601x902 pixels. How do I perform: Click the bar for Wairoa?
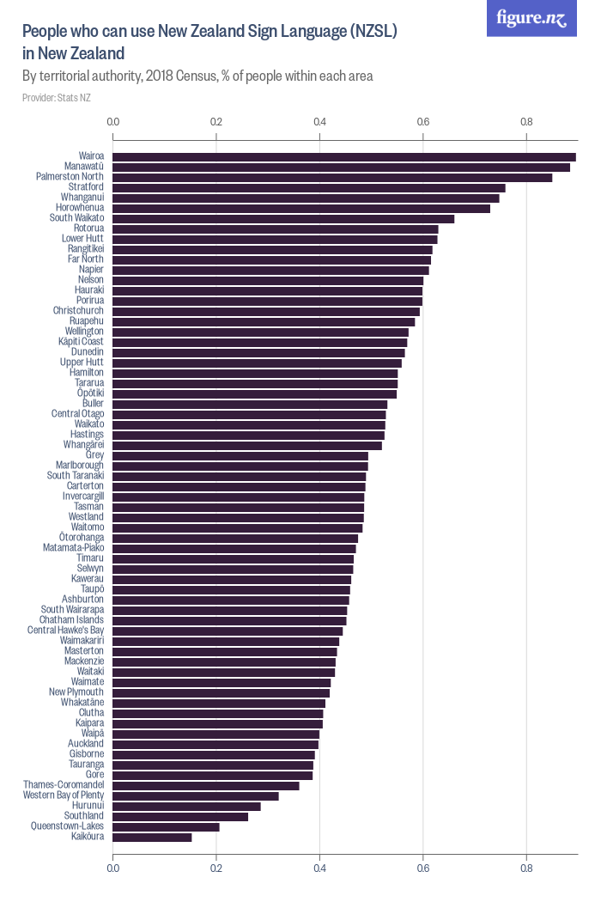point(343,156)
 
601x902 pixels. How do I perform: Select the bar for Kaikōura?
point(152,837)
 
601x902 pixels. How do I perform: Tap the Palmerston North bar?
point(332,177)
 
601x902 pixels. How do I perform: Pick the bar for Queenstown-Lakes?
point(166,826)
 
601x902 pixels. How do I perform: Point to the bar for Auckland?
point(216,744)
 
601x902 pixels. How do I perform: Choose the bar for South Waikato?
point(283,218)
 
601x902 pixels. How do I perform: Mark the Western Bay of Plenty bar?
point(196,795)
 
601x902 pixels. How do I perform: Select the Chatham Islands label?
point(71,620)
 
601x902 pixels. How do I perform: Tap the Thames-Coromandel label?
point(64,785)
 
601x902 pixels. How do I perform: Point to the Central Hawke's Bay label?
point(65,631)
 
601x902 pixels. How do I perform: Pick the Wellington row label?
point(84,332)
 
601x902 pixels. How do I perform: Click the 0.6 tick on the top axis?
point(423,123)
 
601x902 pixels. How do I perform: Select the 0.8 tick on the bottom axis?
point(526,868)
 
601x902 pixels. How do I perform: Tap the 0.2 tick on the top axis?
point(216,123)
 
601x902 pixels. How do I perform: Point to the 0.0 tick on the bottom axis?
point(113,868)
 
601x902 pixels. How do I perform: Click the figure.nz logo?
point(531,18)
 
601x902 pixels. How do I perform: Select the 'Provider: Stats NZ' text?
point(57,98)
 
